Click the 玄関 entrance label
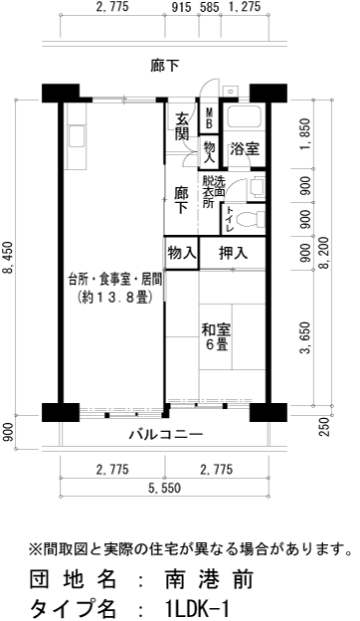[x=182, y=127]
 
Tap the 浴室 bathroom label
[x=244, y=149]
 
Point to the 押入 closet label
[x=233, y=253]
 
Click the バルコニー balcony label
[x=165, y=435]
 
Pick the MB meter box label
[x=209, y=116]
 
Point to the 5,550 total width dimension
[x=165, y=489]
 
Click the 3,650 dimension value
[x=304, y=336]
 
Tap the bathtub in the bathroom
[x=245, y=118]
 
